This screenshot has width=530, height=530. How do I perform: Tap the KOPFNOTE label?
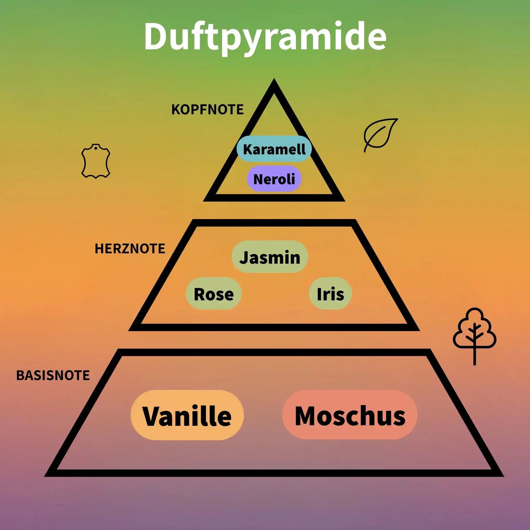click(x=207, y=109)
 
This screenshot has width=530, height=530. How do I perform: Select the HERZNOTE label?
click(x=130, y=249)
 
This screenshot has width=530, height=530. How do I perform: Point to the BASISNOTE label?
click(x=53, y=375)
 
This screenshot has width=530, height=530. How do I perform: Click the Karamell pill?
click(x=274, y=149)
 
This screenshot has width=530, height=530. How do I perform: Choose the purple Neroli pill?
click(x=274, y=179)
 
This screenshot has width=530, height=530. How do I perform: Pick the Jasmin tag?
click(x=270, y=257)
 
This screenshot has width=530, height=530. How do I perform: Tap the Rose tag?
click(x=214, y=294)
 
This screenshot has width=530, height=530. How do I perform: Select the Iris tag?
click(x=330, y=294)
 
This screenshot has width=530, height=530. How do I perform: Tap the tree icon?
click(x=474, y=333)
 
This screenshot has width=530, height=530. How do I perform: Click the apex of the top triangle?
click(x=274, y=82)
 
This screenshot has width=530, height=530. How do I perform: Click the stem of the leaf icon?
click(x=366, y=148)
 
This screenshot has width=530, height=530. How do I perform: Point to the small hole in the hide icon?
click(x=96, y=149)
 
